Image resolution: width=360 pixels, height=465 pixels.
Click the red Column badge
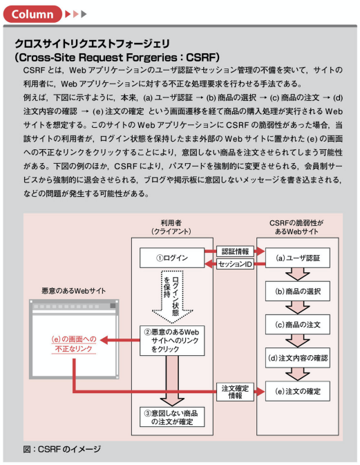(32, 14)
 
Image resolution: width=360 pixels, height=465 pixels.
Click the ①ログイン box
(172, 258)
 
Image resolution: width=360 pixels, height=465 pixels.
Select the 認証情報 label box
(235, 252)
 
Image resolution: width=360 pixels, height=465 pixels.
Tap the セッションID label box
(235, 264)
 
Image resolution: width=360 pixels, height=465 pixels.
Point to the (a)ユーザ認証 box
(297, 258)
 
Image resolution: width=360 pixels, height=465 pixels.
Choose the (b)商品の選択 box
(297, 291)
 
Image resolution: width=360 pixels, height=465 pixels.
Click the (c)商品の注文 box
(297, 325)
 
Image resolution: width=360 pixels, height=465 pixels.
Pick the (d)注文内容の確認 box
(297, 358)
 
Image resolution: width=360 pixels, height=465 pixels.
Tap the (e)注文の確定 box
(297, 392)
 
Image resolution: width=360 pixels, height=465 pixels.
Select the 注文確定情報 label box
(235, 392)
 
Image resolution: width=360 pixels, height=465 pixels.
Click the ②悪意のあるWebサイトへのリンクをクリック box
(172, 341)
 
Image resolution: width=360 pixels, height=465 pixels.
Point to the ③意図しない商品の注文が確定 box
(172, 417)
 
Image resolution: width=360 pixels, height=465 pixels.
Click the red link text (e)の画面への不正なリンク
(74, 344)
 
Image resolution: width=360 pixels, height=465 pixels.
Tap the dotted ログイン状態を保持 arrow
(172, 296)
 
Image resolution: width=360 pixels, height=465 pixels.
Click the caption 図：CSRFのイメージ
(62, 449)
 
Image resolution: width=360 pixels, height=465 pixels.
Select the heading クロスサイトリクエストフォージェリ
(92, 44)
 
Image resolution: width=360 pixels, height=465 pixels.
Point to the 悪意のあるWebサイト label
(74, 291)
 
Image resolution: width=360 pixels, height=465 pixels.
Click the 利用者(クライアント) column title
(171, 227)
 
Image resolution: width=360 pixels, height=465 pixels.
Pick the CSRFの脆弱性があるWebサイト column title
(296, 227)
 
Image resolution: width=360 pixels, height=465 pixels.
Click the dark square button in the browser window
(113, 306)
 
